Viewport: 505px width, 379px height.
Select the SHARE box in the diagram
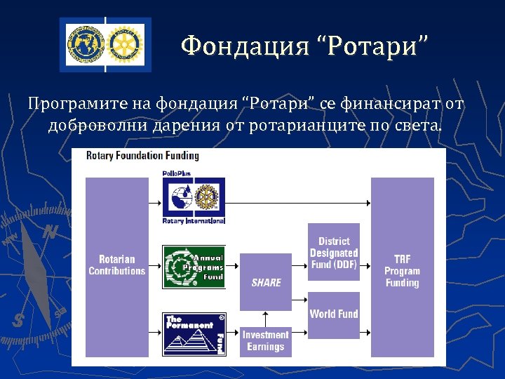tap(265, 281)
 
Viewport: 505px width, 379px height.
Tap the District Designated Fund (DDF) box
tap(334, 252)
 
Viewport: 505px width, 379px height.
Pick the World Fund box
tap(334, 314)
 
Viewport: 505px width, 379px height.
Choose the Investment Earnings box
tap(265, 341)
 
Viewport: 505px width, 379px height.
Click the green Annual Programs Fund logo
tap(194, 267)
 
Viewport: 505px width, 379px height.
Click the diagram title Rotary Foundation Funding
tap(142, 156)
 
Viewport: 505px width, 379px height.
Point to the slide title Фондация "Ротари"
tap(304, 46)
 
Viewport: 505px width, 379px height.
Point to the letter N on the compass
tap(50, 232)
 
